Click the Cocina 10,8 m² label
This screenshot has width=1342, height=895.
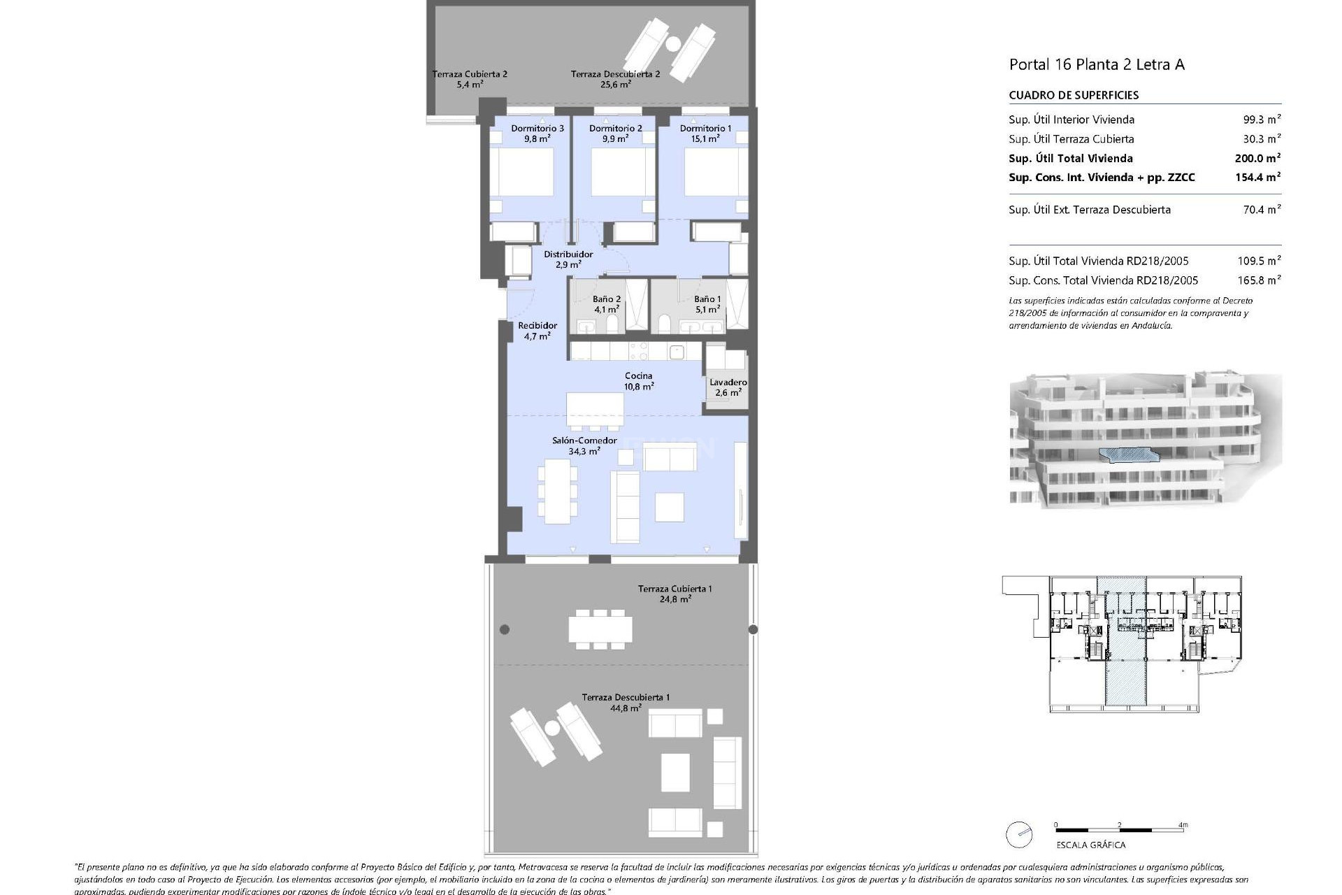click(x=639, y=381)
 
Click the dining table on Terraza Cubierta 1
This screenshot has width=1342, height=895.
click(x=600, y=629)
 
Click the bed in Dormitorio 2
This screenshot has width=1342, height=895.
click(x=618, y=172)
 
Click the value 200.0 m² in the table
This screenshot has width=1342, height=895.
click(x=1257, y=159)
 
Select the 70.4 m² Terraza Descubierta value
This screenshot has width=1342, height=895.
click(x=1262, y=209)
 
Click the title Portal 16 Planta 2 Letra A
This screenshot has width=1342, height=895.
click(x=1096, y=65)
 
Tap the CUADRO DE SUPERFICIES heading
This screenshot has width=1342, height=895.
click(x=1074, y=95)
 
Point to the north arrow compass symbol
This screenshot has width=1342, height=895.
click(x=1019, y=835)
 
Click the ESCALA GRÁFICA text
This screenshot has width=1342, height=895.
click(x=1090, y=845)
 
